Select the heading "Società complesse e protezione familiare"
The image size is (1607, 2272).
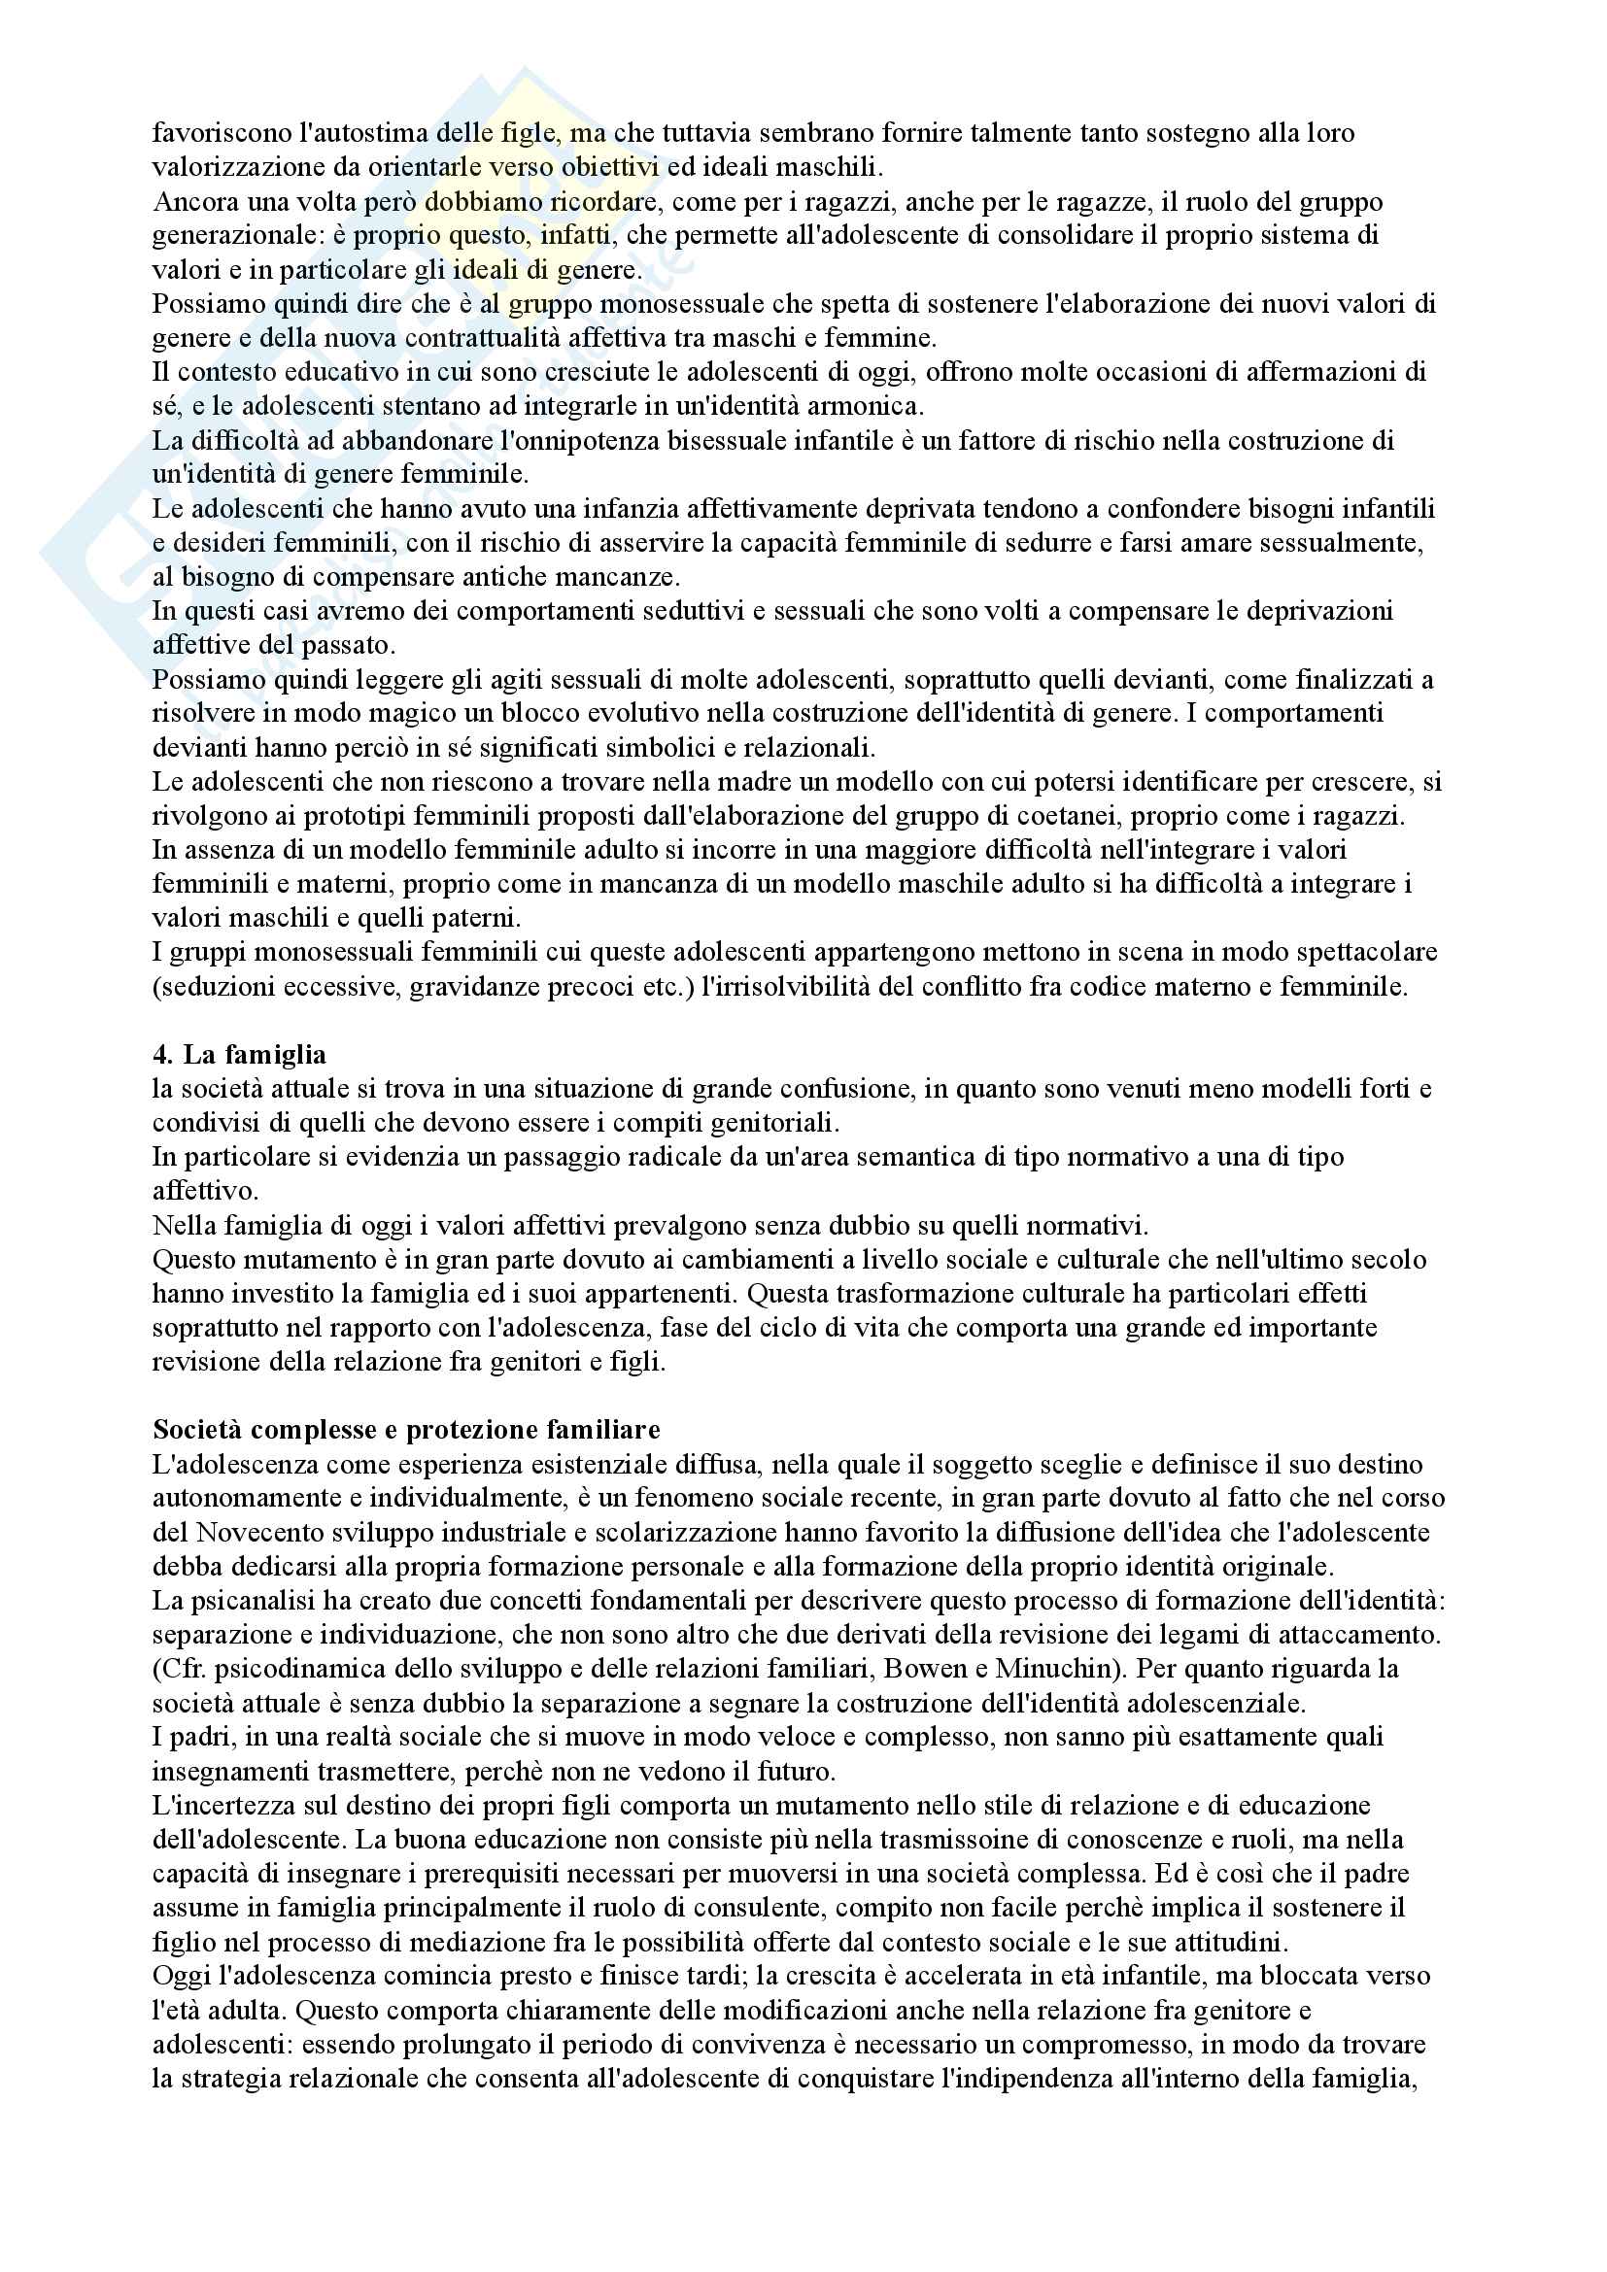(406, 1429)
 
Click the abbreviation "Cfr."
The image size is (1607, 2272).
(179, 1669)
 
